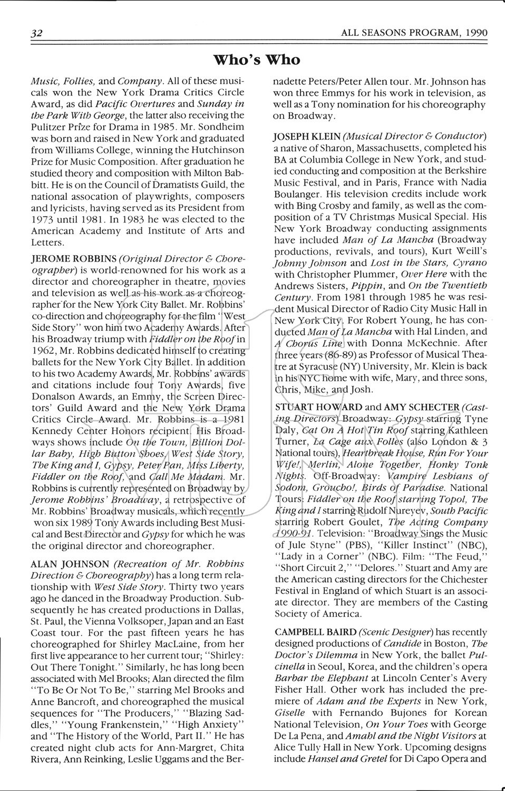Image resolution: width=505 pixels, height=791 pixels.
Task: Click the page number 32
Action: click(x=36, y=33)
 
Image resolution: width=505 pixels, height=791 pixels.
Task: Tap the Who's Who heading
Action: click(x=257, y=60)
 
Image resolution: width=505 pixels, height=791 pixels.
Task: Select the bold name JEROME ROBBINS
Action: click(x=74, y=258)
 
